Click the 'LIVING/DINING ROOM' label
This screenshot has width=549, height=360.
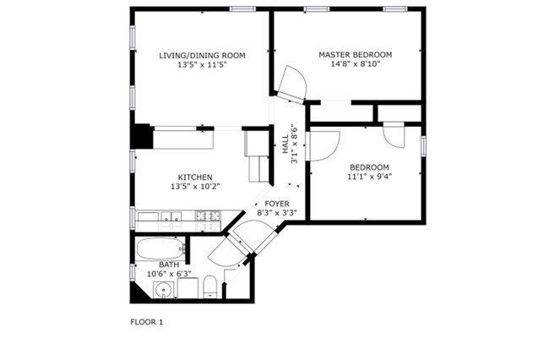(202, 56)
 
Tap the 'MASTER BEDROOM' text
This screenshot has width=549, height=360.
(355, 55)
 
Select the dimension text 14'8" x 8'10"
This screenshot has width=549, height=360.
(355, 65)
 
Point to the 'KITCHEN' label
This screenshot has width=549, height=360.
(194, 177)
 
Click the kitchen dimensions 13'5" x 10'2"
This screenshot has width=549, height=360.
(194, 187)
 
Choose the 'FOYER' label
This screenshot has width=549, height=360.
(277, 204)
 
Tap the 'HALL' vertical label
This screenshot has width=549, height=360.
(285, 146)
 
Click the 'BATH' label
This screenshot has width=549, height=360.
(169, 265)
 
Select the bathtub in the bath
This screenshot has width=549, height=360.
(161, 248)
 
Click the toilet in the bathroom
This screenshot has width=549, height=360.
(211, 285)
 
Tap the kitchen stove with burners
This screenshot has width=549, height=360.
(208, 220)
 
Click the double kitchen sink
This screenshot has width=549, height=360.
(171, 219)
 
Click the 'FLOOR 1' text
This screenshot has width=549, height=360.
(146, 322)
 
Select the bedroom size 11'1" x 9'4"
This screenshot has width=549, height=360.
(369, 177)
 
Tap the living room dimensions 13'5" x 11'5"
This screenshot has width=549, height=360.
(202, 65)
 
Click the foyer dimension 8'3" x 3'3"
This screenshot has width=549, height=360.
(277, 214)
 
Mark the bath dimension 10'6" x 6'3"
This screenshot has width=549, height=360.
(169, 274)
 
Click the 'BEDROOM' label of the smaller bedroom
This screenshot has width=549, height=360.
(369, 166)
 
